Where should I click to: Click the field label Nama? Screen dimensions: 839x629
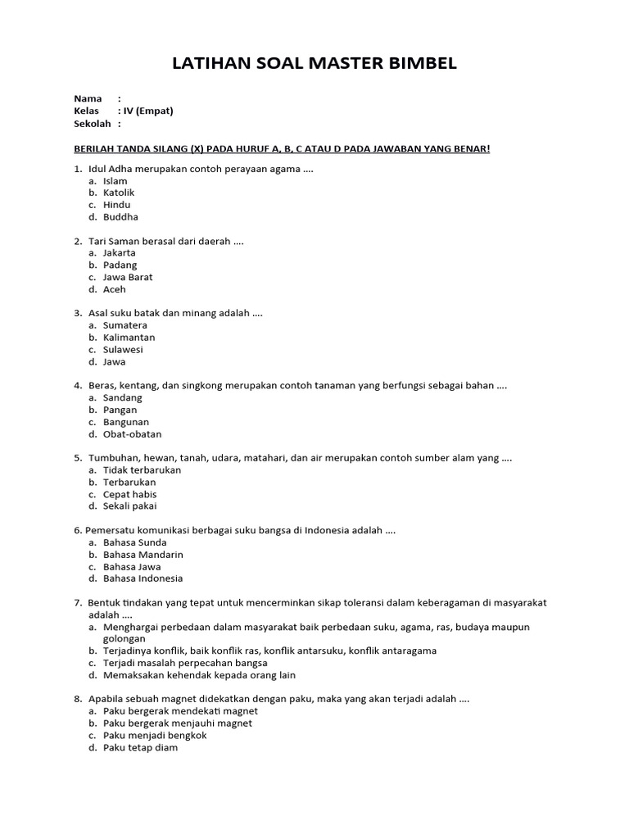pyautogui.click(x=88, y=98)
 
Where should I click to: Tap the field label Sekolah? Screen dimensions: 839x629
pyautogui.click(x=92, y=124)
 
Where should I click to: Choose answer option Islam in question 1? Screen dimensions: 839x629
pyautogui.click(x=115, y=180)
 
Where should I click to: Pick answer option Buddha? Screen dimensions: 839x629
pyautogui.click(x=120, y=217)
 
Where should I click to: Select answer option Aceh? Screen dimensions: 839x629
pyautogui.click(x=115, y=289)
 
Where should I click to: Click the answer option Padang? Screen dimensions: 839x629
pyautogui.click(x=120, y=265)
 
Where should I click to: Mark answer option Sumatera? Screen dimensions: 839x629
pyautogui.click(x=125, y=325)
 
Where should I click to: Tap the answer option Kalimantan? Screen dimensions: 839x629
pyautogui.click(x=129, y=337)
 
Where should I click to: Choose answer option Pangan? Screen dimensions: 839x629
pyautogui.click(x=120, y=410)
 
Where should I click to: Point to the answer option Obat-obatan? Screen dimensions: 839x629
pyautogui.click(x=132, y=434)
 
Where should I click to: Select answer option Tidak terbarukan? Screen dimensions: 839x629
pyautogui.click(x=142, y=470)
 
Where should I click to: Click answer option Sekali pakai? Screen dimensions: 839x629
pyautogui.click(x=130, y=506)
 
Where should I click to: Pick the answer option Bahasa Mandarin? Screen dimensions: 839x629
pyautogui.click(x=143, y=555)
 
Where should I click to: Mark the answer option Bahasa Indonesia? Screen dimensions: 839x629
pyautogui.click(x=143, y=578)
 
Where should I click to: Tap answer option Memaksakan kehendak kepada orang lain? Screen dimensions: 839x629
pyautogui.click(x=199, y=675)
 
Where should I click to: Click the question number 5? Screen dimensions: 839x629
pyautogui.click(x=77, y=458)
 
